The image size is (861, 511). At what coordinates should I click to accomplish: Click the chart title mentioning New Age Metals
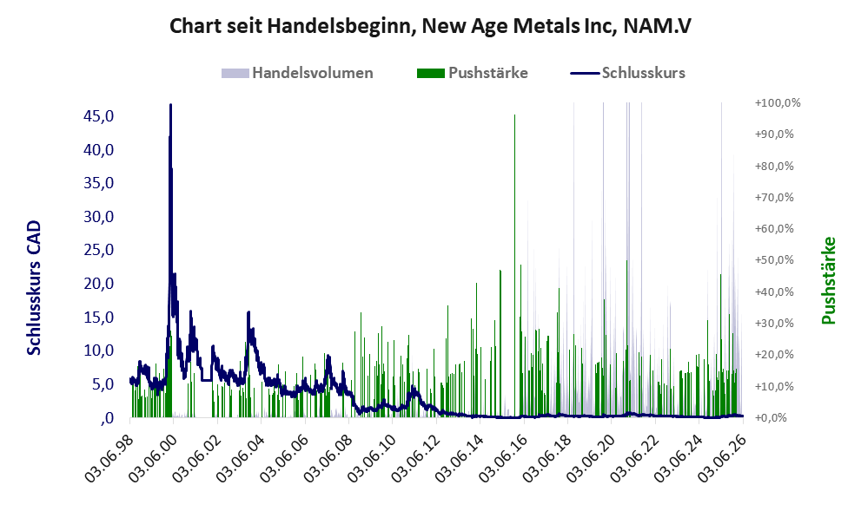click(430, 26)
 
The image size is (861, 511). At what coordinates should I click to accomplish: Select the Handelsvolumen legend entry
click(297, 73)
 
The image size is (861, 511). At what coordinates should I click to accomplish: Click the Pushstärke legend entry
click(473, 73)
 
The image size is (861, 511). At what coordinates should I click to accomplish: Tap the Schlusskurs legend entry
click(627, 73)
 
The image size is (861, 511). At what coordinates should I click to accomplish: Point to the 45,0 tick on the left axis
click(98, 115)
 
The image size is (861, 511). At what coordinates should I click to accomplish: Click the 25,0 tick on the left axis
click(98, 250)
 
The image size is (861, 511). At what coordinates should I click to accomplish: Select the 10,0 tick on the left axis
click(98, 350)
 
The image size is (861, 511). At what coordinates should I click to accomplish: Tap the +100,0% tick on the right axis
click(778, 103)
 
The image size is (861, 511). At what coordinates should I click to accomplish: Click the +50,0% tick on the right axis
click(775, 260)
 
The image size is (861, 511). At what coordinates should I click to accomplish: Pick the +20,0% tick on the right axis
click(775, 354)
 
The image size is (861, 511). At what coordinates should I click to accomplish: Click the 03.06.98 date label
click(109, 457)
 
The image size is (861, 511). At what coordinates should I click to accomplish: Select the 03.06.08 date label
click(328, 457)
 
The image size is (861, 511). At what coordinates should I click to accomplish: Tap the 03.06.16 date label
click(504, 457)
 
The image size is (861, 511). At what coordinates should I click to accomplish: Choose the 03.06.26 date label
click(723, 457)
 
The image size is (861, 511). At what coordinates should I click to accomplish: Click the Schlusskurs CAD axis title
click(34, 287)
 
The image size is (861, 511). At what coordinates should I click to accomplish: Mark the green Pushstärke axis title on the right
click(829, 280)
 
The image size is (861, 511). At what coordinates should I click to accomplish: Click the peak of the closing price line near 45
click(171, 104)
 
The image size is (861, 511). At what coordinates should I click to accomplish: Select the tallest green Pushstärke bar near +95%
click(514, 266)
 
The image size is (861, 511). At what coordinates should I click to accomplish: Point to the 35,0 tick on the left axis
click(98, 182)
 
